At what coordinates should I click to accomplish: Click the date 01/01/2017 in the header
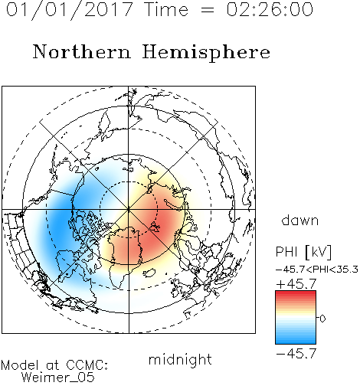[69, 10]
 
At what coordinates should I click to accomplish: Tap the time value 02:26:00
[270, 9]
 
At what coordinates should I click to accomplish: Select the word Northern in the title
[82, 51]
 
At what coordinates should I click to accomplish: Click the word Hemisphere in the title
[206, 52]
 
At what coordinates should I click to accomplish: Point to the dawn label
[300, 220]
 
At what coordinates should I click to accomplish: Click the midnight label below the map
[180, 360]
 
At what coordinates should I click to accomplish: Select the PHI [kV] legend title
[303, 252]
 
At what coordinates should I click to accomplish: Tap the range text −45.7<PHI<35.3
[317, 270]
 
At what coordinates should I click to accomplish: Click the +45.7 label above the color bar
[296, 284]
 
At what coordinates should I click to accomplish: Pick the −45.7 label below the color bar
[296, 354]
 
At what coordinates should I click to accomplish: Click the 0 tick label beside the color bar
[322, 319]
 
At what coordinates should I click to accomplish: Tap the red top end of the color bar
[296, 293]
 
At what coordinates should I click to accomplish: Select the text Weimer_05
[58, 378]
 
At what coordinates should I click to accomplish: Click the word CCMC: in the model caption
[87, 365]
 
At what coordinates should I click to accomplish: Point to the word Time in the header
[166, 10]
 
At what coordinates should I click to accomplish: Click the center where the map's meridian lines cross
[129, 209]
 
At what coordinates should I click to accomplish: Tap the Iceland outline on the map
[150, 273]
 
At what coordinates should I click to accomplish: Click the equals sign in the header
[207, 10]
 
